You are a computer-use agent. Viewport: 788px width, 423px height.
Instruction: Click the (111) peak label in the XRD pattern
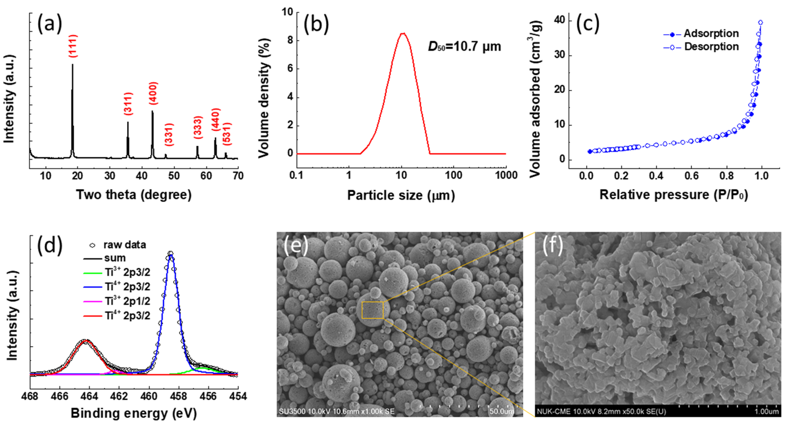73,46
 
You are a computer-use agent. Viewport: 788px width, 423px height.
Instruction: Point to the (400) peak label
153,93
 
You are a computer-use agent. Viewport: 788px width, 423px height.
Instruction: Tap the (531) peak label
227,134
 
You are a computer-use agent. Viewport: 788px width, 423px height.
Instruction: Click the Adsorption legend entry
701,34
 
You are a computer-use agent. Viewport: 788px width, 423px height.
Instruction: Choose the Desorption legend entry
701,47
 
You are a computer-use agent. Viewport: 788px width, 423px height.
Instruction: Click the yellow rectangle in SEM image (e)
373,310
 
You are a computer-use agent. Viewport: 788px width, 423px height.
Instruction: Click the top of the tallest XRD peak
73,64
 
